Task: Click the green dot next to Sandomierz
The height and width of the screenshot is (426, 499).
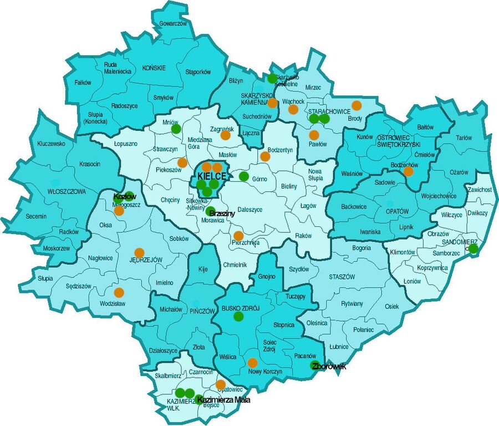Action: [473, 249]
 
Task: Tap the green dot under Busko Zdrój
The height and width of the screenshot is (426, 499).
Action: [238, 316]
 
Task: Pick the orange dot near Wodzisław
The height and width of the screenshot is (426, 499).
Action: [119, 292]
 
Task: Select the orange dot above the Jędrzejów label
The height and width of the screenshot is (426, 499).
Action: [139, 252]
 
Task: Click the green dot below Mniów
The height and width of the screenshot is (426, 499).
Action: [176, 129]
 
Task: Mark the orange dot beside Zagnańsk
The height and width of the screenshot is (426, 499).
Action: [225, 135]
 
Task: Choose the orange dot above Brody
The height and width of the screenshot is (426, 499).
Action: [357, 105]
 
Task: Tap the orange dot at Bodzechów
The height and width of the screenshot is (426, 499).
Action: [408, 171]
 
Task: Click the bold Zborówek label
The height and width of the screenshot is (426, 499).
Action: [329, 366]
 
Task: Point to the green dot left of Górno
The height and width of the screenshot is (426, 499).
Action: [243, 176]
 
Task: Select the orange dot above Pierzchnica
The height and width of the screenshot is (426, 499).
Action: [238, 235]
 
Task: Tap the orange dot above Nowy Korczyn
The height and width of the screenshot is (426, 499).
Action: [252, 363]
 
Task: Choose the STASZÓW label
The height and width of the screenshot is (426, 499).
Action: [338, 276]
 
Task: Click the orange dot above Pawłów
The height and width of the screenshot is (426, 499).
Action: [314, 135]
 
